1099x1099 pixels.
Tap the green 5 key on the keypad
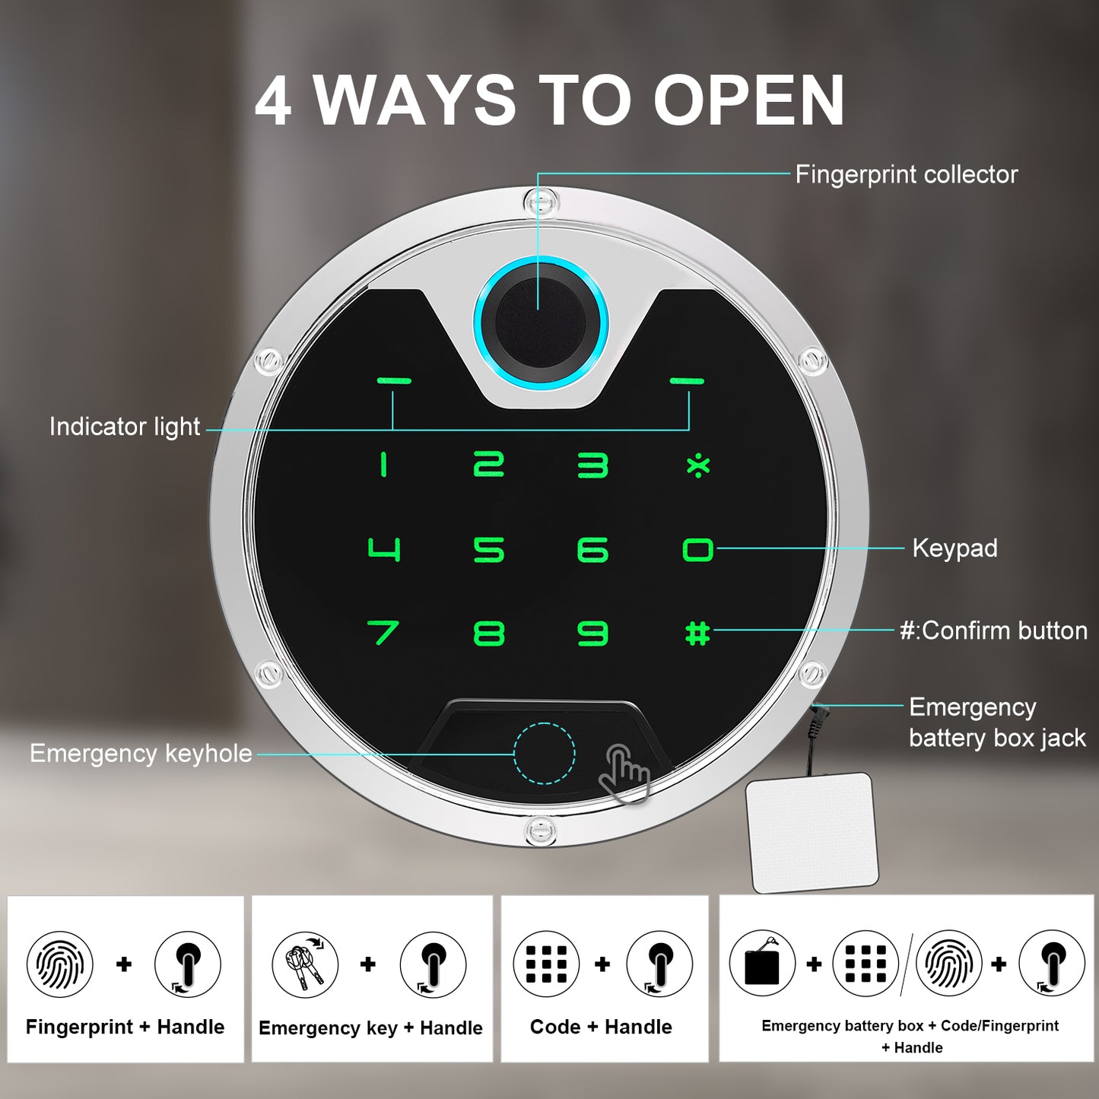(489, 549)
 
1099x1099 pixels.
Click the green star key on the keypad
(698, 465)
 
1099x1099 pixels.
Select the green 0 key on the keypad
(697, 549)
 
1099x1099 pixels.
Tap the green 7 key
(383, 633)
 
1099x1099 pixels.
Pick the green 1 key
(383, 464)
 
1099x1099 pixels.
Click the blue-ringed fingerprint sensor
(540, 323)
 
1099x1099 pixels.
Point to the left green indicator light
(393, 380)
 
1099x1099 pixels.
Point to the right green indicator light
(687, 380)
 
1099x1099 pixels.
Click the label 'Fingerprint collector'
(907, 174)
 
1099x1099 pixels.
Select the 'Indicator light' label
(125, 427)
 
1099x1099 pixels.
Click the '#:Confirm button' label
(993, 630)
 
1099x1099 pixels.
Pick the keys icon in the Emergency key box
(304, 964)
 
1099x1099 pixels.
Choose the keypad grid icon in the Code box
(546, 964)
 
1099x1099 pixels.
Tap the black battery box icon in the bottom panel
(762, 964)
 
